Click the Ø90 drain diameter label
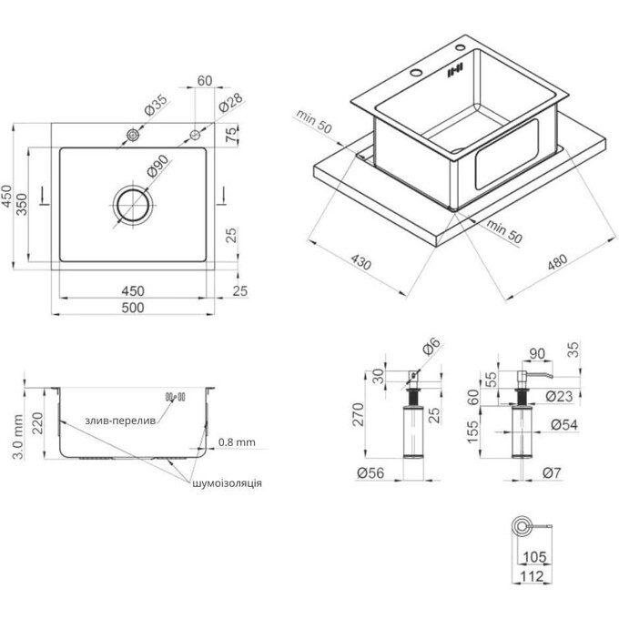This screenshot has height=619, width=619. pos(157,166)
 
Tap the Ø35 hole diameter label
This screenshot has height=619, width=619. pos(157,105)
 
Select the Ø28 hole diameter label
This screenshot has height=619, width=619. pos(230,102)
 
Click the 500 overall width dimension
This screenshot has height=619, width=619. pos(133,308)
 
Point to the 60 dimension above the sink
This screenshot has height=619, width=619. pos(205,80)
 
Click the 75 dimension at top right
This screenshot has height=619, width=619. pos(232,134)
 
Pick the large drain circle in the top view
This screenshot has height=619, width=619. pos(133,205)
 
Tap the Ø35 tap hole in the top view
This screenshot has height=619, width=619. pos(133,135)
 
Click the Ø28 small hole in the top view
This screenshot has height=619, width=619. pos(195,135)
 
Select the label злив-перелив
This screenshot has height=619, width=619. pos(120,421)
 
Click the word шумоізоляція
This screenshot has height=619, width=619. pos(227,483)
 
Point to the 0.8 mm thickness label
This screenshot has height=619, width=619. pos(237,442)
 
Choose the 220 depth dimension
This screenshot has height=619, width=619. pos(37,423)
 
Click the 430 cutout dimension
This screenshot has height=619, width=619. pos(361,262)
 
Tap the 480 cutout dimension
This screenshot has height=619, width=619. pos(557,262)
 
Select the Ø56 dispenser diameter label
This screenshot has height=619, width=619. pos(370,472)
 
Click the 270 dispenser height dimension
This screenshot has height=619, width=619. pos(358,414)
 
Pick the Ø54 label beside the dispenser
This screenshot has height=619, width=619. pos(564,425)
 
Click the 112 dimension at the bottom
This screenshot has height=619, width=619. pos(532,576)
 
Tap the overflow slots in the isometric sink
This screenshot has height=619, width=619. pos(454,71)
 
